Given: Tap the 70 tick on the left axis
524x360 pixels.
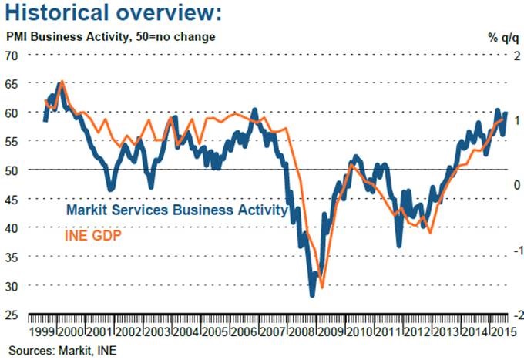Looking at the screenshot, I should click(x=13, y=55).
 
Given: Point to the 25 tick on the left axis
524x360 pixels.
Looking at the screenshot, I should click(x=13, y=315).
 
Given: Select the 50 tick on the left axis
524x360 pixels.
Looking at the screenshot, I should click(x=13, y=170).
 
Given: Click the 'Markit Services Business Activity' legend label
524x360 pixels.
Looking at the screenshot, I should click(x=177, y=210).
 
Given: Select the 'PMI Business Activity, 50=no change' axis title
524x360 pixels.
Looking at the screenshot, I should click(x=111, y=37).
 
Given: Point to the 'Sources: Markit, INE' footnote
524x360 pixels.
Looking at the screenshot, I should click(x=59, y=350).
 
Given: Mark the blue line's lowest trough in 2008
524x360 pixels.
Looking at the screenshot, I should click(x=312, y=294).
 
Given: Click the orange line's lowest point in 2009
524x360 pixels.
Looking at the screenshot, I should click(x=321, y=287).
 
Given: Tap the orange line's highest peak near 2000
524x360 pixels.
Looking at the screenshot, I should click(x=62, y=80).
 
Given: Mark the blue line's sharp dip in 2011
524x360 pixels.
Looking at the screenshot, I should click(x=399, y=245).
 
